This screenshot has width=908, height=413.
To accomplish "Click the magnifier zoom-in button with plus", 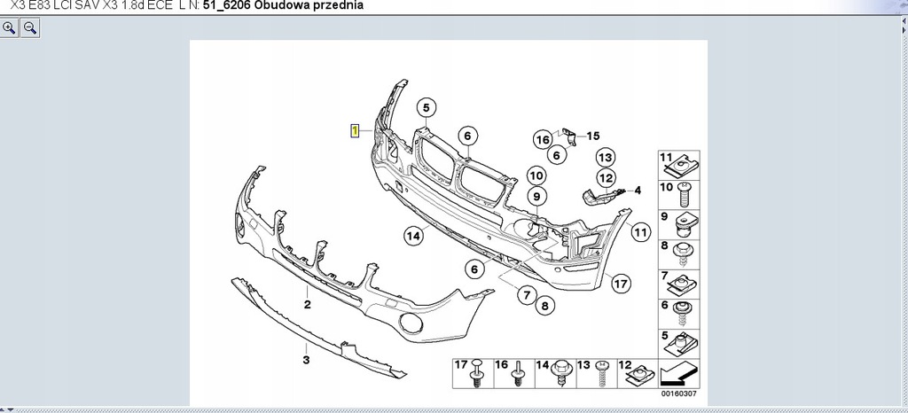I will pos(10,27).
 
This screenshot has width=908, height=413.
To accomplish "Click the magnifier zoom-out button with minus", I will pos(29,27).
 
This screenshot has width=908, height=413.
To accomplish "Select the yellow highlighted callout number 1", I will pos(355,130).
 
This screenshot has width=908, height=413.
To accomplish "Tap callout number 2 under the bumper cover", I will pos(307,305).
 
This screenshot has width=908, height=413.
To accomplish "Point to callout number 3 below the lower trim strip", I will pos(306,360).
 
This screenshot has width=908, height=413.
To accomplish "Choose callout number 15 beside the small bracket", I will pos(592,136).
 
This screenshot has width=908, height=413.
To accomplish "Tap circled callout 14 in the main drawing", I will pos(413,236).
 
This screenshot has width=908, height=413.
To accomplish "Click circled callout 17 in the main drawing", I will pos(621,284).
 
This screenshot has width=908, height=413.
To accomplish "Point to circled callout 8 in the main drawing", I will pos(544,305).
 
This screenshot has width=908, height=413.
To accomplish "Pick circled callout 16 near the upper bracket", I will pos(543,138).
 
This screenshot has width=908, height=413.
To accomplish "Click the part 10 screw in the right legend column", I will pos(685,189).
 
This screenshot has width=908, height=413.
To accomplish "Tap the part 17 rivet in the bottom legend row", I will pos(477,374).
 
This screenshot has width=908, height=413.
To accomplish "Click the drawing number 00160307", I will pos(679,394).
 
